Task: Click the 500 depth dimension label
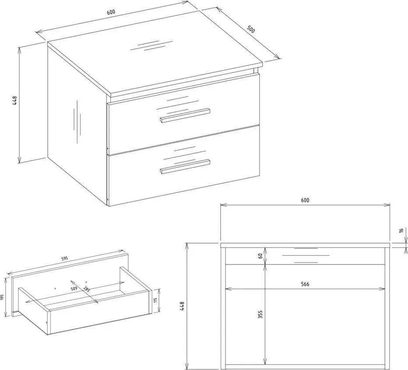pyautogui.click(x=251, y=29)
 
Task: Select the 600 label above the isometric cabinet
pyautogui.click(x=111, y=12)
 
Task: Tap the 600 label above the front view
pyautogui.click(x=305, y=200)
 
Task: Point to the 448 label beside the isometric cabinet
pyautogui.click(x=14, y=100)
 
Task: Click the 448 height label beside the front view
pyautogui.click(x=182, y=306)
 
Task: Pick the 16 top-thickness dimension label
pyautogui.click(x=401, y=230)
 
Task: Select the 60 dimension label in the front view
pyautogui.click(x=260, y=256)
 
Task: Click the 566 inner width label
pyautogui.click(x=305, y=284)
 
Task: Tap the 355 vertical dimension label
pyautogui.click(x=260, y=314)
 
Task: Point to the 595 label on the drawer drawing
pyautogui.click(x=64, y=259)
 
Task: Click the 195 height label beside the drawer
pyautogui.click(x=2, y=297)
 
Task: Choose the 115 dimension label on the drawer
pyautogui.click(x=155, y=300)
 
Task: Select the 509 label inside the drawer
pyautogui.click(x=74, y=289)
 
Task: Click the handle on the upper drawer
pyautogui.click(x=185, y=115)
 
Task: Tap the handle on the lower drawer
pyautogui.click(x=185, y=166)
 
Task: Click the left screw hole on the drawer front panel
pyautogui.click(x=55, y=288)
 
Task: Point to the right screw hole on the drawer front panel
pyautogui.click(x=86, y=281)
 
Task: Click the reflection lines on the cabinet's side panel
pyautogui.click(x=77, y=122)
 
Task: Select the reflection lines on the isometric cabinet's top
pyautogui.click(x=151, y=45)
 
